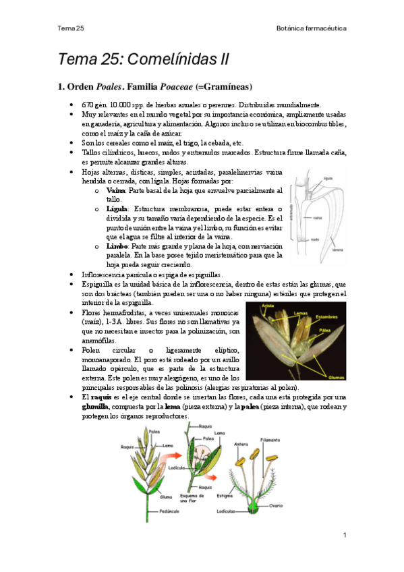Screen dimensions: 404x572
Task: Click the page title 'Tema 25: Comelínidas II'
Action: coord(144,59)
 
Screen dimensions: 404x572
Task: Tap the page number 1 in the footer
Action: coord(345,535)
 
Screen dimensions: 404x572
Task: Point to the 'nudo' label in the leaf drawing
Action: coord(314,239)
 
